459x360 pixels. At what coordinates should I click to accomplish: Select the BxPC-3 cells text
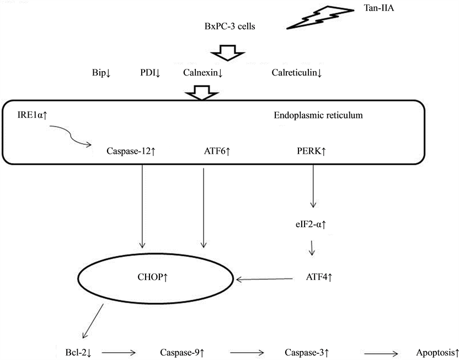click(229, 25)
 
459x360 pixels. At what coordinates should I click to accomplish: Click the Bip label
click(101, 72)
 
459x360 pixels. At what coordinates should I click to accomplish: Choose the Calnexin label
click(202, 72)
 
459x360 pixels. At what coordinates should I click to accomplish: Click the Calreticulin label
click(297, 72)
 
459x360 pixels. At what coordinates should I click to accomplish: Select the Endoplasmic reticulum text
click(318, 115)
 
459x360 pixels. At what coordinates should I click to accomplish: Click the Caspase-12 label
click(130, 150)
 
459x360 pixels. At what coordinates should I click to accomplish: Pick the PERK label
click(311, 150)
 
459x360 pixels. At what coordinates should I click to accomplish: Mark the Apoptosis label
click(437, 351)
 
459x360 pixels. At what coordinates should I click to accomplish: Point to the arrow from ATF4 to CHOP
click(265, 279)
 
